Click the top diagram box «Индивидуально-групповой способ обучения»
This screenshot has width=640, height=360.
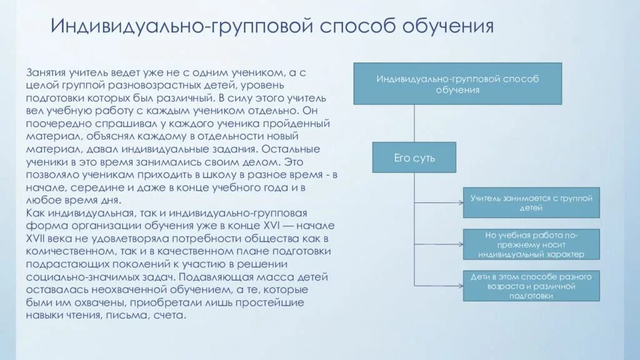coord(457,84)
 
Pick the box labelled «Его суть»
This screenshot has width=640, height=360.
coord(414,157)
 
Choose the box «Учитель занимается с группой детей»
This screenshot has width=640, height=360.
coord(531,202)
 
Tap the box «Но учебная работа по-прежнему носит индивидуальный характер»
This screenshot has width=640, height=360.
coord(531,244)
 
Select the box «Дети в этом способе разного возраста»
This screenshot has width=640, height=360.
coord(531,286)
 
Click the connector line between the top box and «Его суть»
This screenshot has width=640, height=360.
coord(414,123)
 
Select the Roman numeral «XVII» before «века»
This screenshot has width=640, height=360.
coord(37,239)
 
